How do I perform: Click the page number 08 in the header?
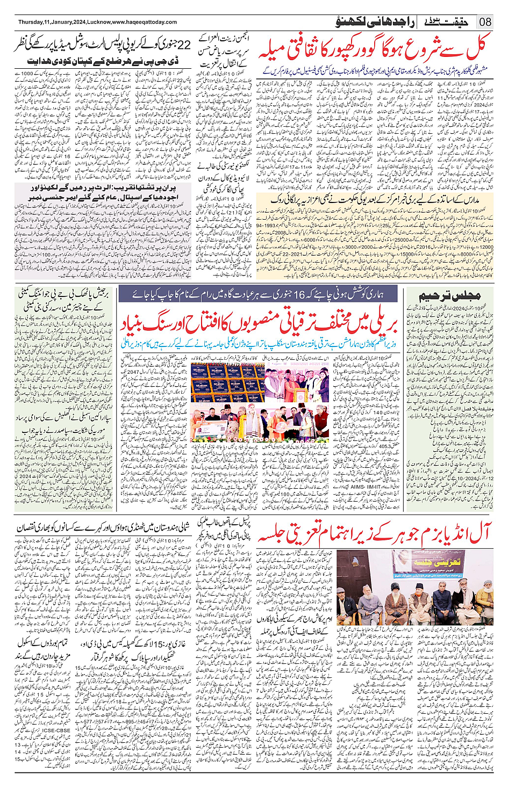486,22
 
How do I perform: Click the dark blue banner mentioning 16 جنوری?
258,294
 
